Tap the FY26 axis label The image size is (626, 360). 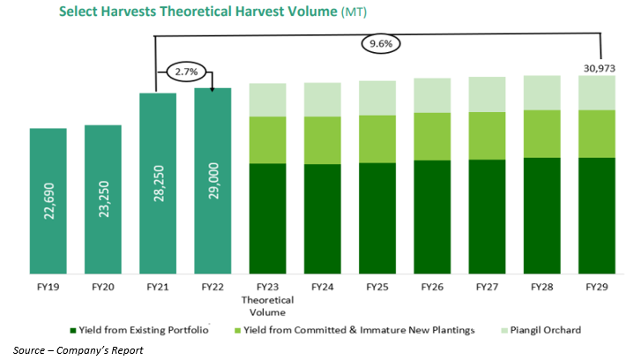coord(431,287)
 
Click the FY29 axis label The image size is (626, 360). coord(595,287)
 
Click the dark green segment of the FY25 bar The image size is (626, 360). coord(376,218)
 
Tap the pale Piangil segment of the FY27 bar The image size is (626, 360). coord(486,93)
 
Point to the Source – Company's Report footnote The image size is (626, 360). coord(61,350)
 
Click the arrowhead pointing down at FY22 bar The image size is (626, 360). coord(212,86)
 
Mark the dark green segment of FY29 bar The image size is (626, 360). coord(595,215)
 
